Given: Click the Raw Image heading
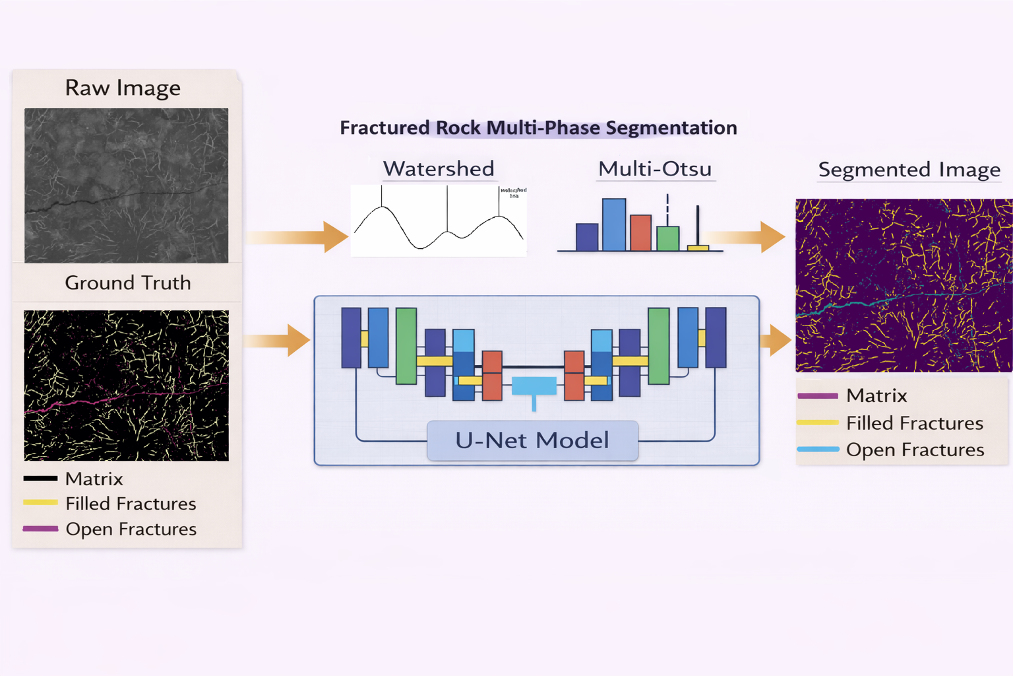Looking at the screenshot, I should tap(123, 88).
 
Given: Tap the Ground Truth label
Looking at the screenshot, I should tap(128, 283).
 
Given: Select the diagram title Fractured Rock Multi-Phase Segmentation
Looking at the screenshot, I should tap(538, 127).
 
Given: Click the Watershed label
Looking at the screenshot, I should tap(439, 168).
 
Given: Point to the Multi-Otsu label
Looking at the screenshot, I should tap(655, 169).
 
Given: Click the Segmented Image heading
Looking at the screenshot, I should tap(909, 170).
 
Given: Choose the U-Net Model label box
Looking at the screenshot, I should tap(532, 440).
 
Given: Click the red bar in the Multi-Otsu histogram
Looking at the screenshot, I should tap(640, 233).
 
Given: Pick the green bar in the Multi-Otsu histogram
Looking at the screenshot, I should tap(668, 238).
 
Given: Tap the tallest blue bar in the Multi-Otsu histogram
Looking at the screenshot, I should tap(614, 225).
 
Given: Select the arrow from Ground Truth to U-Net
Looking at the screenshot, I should tap(278, 341).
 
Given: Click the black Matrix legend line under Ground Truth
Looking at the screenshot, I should tap(40, 479).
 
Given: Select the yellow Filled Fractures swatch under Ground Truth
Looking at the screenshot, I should tap(40, 503).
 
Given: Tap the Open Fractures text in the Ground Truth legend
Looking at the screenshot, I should tap(131, 529).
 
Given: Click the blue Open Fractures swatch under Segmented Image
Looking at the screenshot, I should tap(818, 450).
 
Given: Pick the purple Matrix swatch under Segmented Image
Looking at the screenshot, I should tap(818, 396).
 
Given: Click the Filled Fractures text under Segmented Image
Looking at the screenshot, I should tap(914, 423).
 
